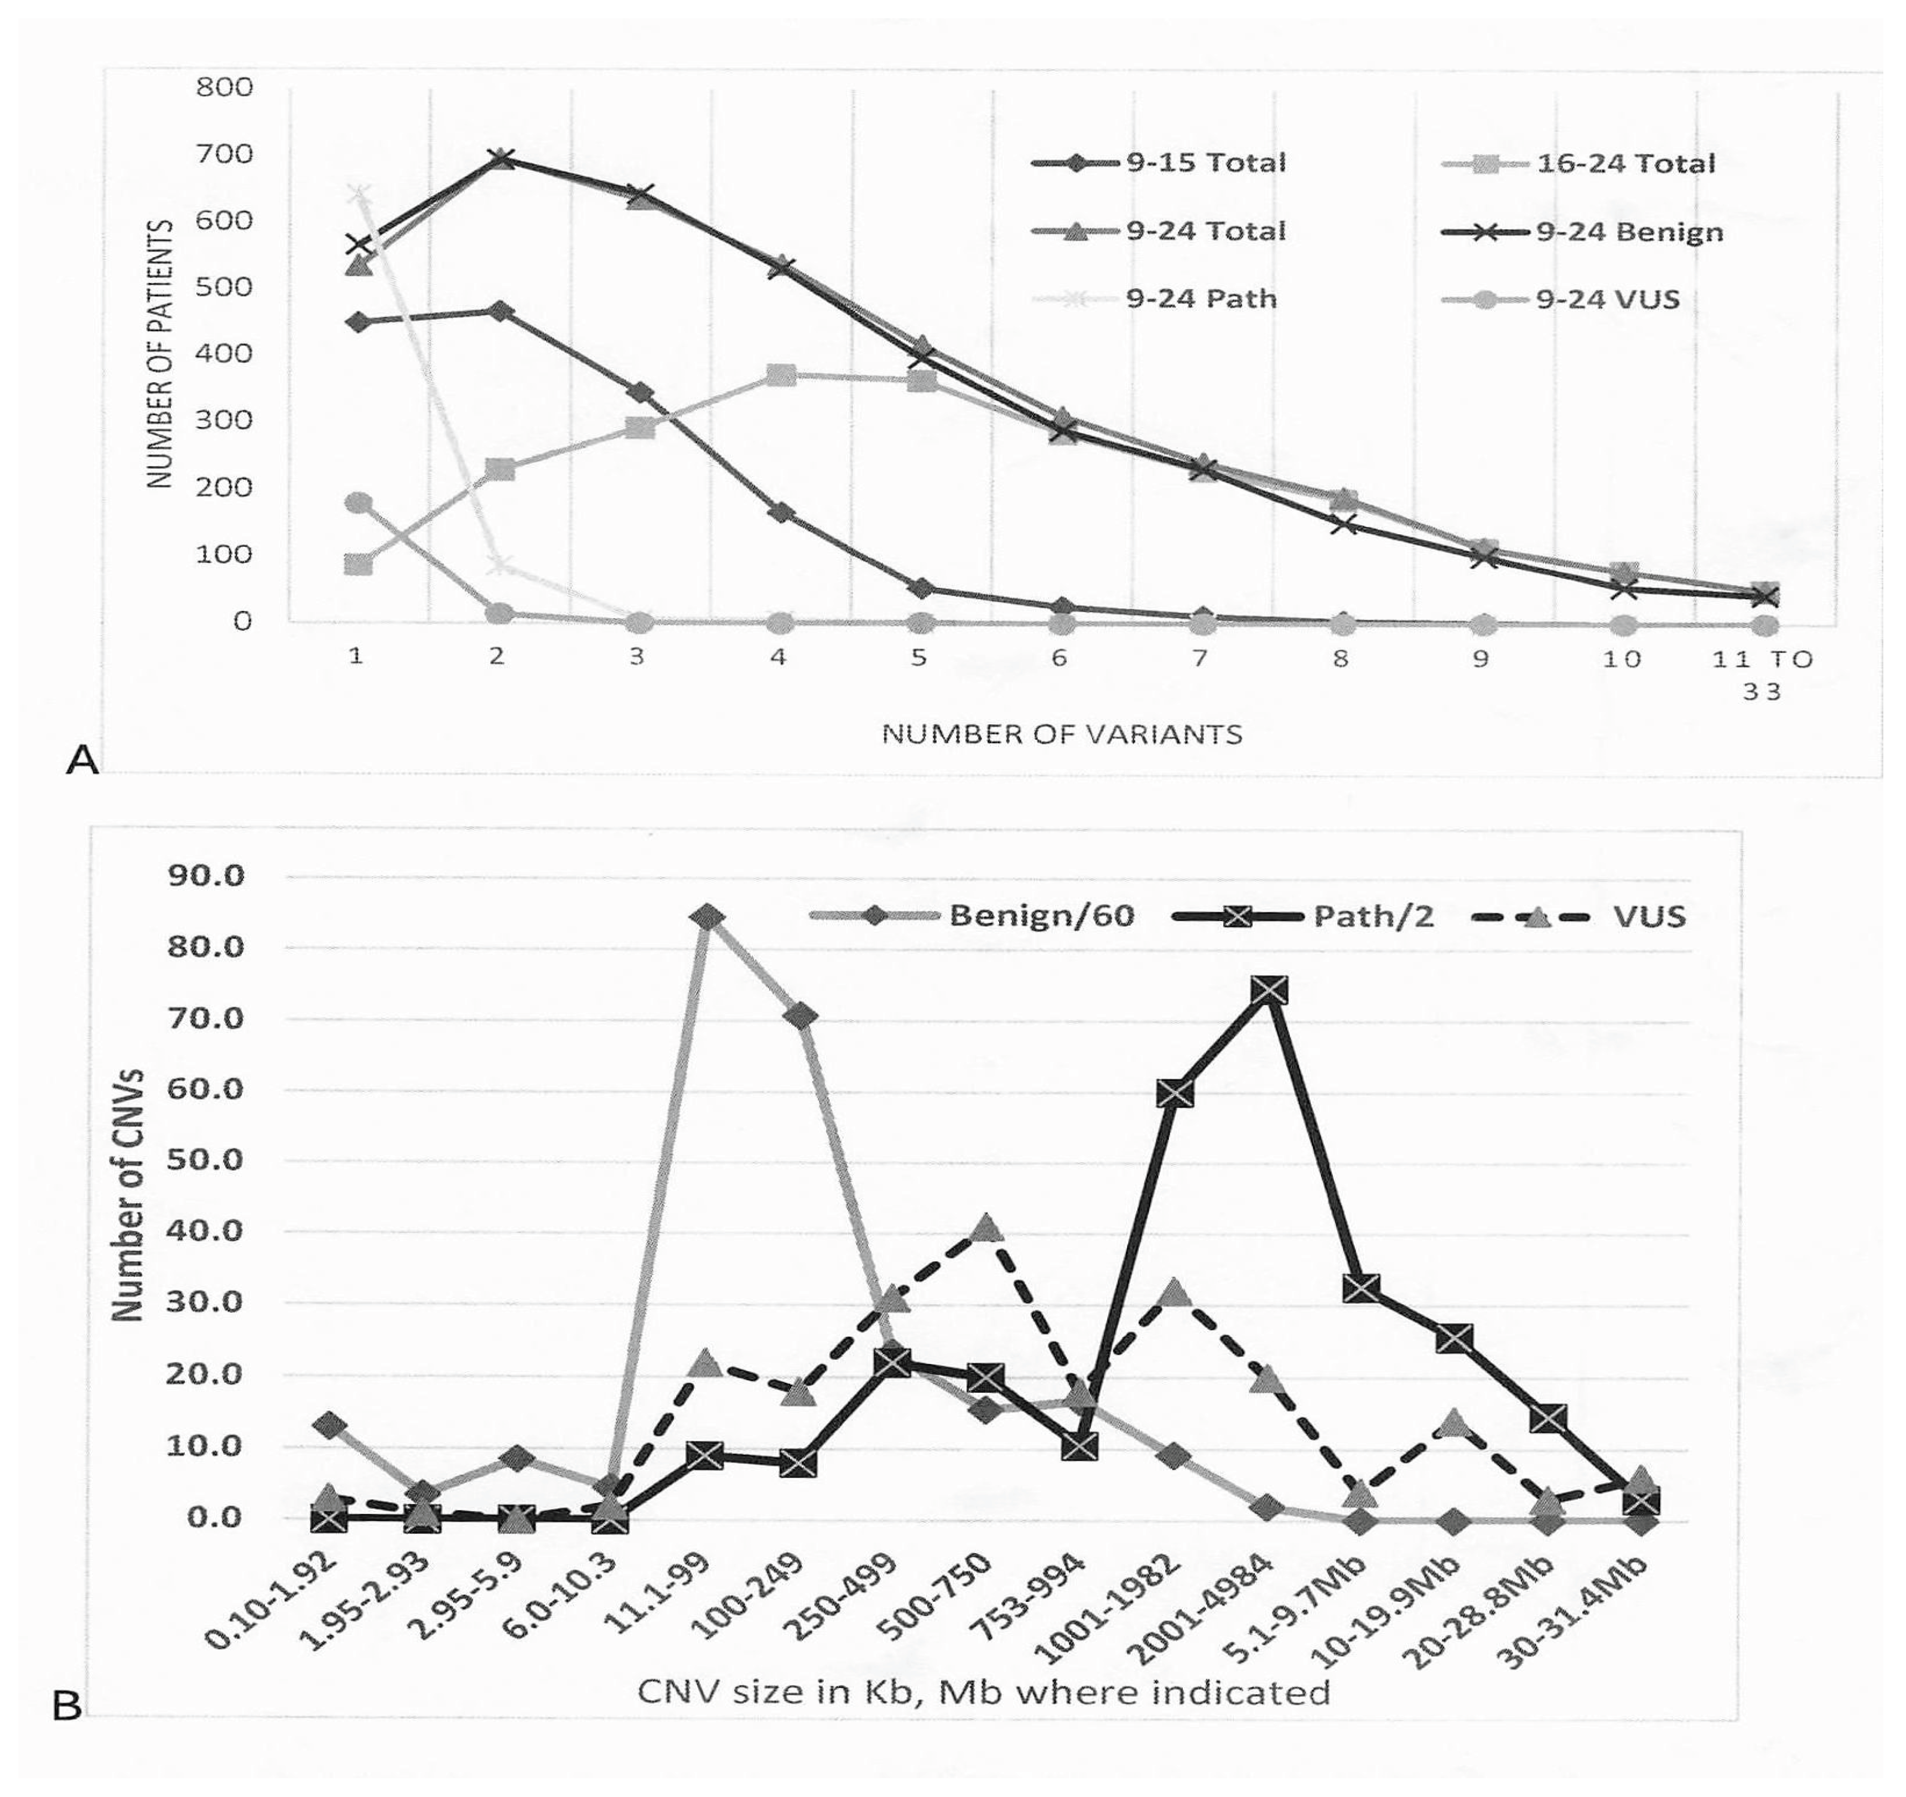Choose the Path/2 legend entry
click(1304, 916)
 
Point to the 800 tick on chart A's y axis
click(224, 87)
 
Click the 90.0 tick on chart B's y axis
click(206, 876)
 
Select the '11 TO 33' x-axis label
click(1762, 675)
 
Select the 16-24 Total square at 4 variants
click(781, 375)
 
